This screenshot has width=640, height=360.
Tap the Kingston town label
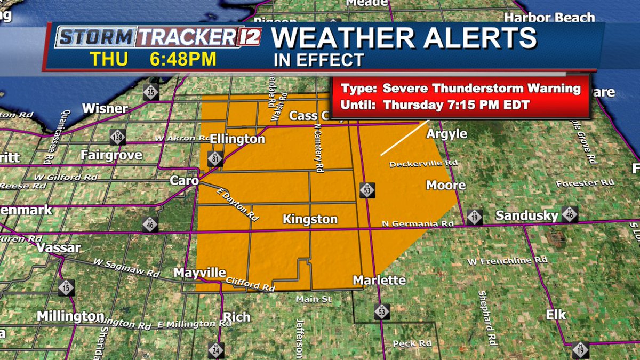pos(310,219)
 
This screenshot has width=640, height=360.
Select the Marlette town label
pos(379,280)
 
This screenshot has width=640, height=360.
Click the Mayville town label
pos(200,273)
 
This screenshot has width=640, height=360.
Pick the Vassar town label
pos(59,247)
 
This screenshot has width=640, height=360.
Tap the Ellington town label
pos(237,139)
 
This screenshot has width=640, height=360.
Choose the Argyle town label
pos(447,134)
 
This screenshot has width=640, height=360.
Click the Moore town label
pos(446,185)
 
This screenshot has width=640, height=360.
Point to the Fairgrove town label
pos(111,155)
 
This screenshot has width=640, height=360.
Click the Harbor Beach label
pos(550,18)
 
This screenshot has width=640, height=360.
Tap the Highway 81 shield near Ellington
pos(215,158)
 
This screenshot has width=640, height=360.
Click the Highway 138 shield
pos(118,137)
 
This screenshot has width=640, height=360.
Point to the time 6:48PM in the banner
pos(183,59)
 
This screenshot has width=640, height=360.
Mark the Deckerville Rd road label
pos(417,164)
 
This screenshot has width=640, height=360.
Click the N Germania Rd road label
pos(418,224)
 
